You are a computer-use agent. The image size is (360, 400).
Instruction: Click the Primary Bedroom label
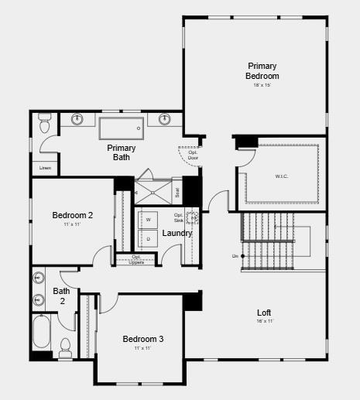pos(262,71)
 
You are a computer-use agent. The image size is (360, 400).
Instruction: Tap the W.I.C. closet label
pos(281,176)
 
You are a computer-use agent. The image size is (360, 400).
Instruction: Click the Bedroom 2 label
pos(73,215)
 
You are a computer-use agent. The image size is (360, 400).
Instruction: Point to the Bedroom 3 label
pos(143,339)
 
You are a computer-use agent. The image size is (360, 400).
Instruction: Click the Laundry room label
pos(177,233)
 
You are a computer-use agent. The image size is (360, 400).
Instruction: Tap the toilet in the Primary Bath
pos(44,125)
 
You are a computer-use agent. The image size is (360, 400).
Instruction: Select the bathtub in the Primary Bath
pos(121,128)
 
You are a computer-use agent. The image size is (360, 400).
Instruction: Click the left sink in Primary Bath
pos(77,119)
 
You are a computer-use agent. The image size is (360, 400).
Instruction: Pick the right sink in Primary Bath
pos(165,119)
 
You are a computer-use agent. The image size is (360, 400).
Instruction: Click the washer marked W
pos(148,220)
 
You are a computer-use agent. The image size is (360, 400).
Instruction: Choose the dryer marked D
pos(148,239)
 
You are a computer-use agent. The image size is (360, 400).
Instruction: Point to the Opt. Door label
pos(193,155)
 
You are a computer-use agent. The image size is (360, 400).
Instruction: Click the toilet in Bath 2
pos(66,344)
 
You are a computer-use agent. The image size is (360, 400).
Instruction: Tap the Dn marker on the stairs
pos(235,255)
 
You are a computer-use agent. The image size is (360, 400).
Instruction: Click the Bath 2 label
pos(61,296)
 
